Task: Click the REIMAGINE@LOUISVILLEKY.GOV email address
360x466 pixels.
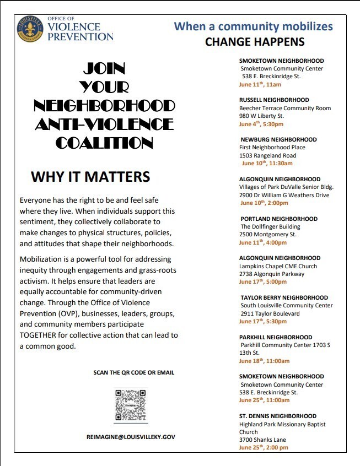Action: click(x=131, y=436)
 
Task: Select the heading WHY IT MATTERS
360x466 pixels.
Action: click(x=90, y=176)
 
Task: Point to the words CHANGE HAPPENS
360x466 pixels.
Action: click(x=255, y=41)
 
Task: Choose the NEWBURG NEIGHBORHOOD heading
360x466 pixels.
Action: click(x=278, y=140)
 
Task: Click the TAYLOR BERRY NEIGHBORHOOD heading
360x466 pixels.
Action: click(x=284, y=298)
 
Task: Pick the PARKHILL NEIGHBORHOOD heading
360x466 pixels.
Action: click(x=276, y=337)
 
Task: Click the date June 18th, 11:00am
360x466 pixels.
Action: click(x=264, y=361)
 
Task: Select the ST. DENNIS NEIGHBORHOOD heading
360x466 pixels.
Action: click(x=278, y=416)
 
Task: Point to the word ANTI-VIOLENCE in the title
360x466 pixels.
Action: click(x=104, y=123)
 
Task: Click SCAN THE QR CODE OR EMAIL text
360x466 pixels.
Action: click(x=134, y=373)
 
